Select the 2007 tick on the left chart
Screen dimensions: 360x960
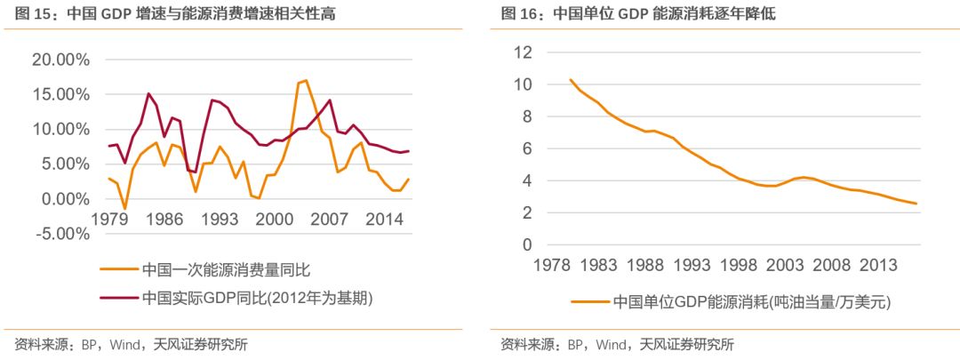[x=329, y=218]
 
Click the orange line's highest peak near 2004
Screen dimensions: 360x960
[x=306, y=80]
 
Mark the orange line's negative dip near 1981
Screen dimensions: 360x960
[x=125, y=209]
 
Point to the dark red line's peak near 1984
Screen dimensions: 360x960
[x=148, y=93]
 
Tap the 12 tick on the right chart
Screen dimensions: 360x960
[x=523, y=52]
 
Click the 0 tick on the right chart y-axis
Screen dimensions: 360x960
[x=526, y=244]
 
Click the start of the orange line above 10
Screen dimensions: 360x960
[x=571, y=80]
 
